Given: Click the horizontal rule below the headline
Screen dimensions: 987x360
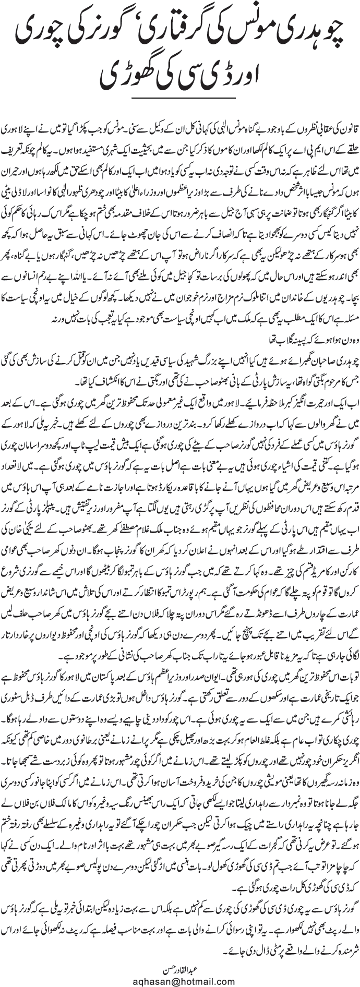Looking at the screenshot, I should (179, 101).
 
